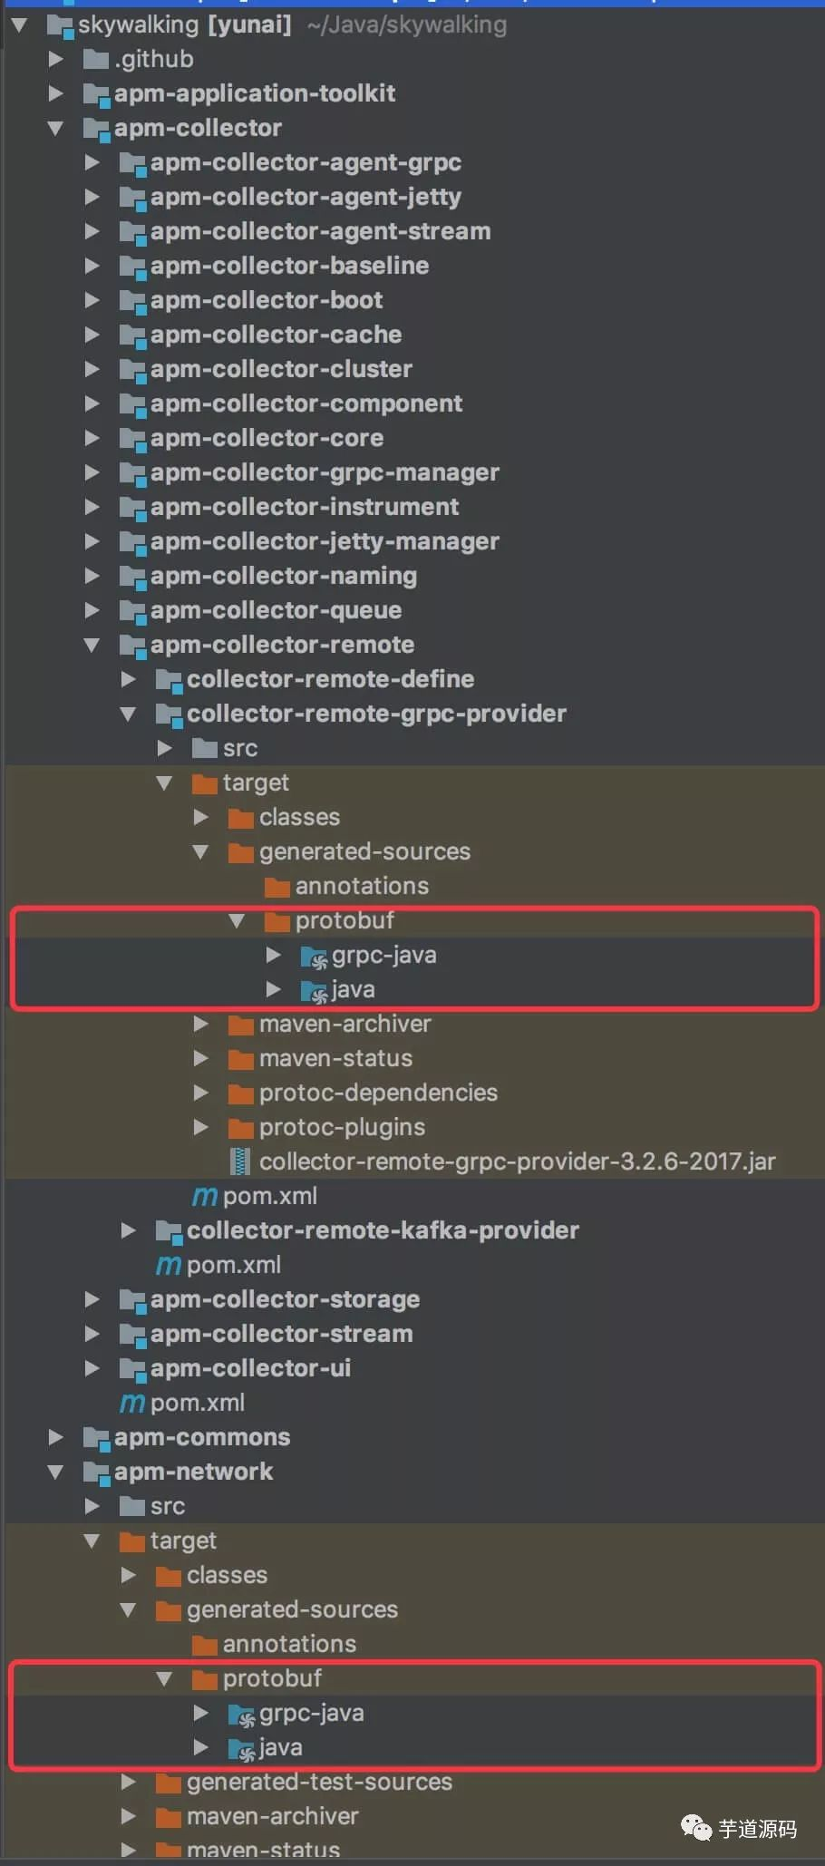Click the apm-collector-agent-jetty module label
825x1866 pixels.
306,197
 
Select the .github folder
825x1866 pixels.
153,59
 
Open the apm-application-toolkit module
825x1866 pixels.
254,93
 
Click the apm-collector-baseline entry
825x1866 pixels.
289,266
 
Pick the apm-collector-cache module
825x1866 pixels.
276,335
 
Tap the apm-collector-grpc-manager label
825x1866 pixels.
325,472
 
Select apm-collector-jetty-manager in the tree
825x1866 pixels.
325,541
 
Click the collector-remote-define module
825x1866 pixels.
330,679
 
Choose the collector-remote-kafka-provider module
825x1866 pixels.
383,1230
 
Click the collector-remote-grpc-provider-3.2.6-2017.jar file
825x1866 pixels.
517,1161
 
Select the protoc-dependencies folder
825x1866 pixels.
378,1093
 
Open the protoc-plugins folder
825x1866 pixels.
342,1127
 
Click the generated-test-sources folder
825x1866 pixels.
319,1782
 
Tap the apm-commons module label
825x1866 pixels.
201,1437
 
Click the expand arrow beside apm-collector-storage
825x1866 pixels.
92,1299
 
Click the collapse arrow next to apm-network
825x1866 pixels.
55,1472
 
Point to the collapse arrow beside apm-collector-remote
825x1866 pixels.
92,645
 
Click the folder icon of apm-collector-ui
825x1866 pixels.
132,1368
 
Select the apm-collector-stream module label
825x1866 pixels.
281,1334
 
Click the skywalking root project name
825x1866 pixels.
138,24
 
